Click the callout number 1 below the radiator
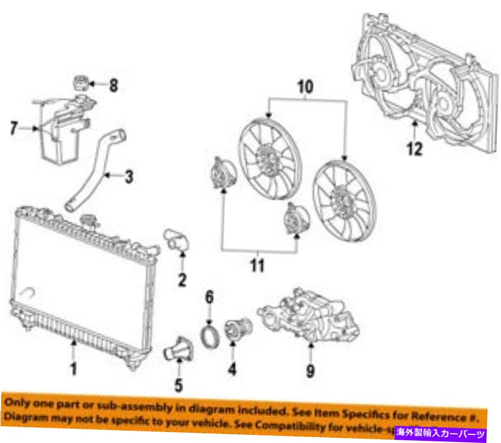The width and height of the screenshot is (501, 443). pos(74,369)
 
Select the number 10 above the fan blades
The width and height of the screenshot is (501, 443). pos(305,87)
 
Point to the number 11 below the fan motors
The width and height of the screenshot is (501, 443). pos(259,266)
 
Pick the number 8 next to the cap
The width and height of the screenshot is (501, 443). pos(113,85)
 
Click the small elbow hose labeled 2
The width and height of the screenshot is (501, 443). pos(176,241)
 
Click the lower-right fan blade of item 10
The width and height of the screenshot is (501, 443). pos(344,199)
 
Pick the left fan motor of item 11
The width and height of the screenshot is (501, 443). pos(221,174)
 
